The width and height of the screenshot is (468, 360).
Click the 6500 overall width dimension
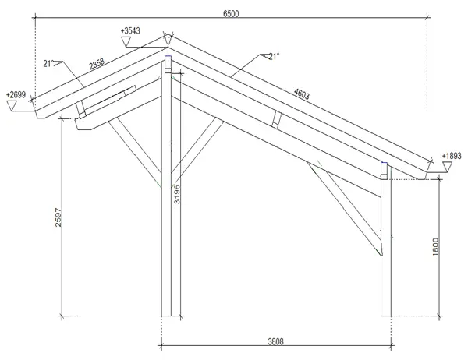(231, 14)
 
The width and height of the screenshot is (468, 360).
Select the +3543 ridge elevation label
(130, 30)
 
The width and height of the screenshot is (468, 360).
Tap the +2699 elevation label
(16, 95)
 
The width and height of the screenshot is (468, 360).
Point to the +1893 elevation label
(452, 156)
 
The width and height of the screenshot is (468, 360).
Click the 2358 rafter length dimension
(97, 64)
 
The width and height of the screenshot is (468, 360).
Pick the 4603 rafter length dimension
(301, 94)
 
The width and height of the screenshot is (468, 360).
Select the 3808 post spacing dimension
(275, 341)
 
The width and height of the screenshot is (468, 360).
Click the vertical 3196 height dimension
(177, 194)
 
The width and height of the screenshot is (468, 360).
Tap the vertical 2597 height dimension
(58, 217)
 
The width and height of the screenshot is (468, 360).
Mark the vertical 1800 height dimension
(435, 247)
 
